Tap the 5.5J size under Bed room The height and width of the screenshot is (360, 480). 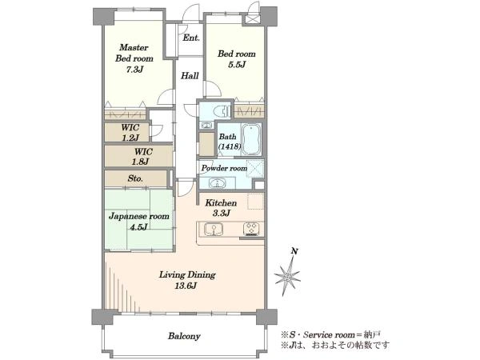point(237,65)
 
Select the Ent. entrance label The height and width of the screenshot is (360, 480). point(191,38)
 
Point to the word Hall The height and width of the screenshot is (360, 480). point(190,76)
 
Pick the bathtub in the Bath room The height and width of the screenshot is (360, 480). point(252,139)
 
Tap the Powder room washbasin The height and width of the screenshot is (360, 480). point(217,183)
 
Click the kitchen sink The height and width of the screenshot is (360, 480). point(214,230)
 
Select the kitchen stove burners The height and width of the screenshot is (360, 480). point(251,228)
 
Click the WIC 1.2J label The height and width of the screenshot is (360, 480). point(130,133)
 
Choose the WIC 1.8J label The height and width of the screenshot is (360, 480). point(142,156)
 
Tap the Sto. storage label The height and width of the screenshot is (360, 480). point(135,178)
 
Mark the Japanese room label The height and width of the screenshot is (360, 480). point(139,217)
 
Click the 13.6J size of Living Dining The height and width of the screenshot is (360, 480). point(186,286)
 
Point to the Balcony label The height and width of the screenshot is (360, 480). point(184,336)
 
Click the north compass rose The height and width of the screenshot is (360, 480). point(287,276)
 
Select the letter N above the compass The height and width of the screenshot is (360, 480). point(294,252)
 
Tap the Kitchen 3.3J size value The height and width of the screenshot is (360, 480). point(221,214)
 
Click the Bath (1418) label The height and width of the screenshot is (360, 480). point(230,142)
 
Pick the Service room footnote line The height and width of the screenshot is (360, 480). point(331,334)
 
